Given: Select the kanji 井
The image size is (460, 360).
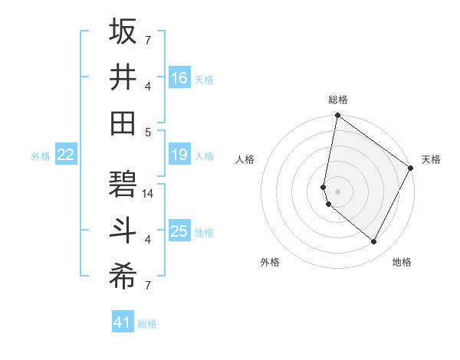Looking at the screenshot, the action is [123, 77].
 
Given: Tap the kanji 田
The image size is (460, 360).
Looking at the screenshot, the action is [123, 123].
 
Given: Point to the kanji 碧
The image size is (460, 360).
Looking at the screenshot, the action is [123, 185].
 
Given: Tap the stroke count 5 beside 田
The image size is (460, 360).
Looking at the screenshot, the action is [148, 132].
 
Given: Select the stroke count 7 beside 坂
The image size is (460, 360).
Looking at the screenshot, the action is [148, 39].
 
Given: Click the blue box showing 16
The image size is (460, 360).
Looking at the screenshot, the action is [179, 78].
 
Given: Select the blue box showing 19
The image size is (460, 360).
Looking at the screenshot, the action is [179, 155].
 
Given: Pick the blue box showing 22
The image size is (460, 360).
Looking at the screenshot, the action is [66, 155].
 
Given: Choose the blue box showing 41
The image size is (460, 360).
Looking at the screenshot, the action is [123, 322].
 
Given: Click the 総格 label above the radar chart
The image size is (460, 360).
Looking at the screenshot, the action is [338, 100].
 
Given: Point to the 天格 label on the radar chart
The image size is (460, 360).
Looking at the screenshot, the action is [431, 159].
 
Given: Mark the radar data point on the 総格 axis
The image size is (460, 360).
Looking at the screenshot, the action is [337, 116].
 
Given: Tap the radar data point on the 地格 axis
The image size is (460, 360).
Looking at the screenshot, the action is [374, 242].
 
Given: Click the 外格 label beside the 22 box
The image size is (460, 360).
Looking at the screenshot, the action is [41, 156].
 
